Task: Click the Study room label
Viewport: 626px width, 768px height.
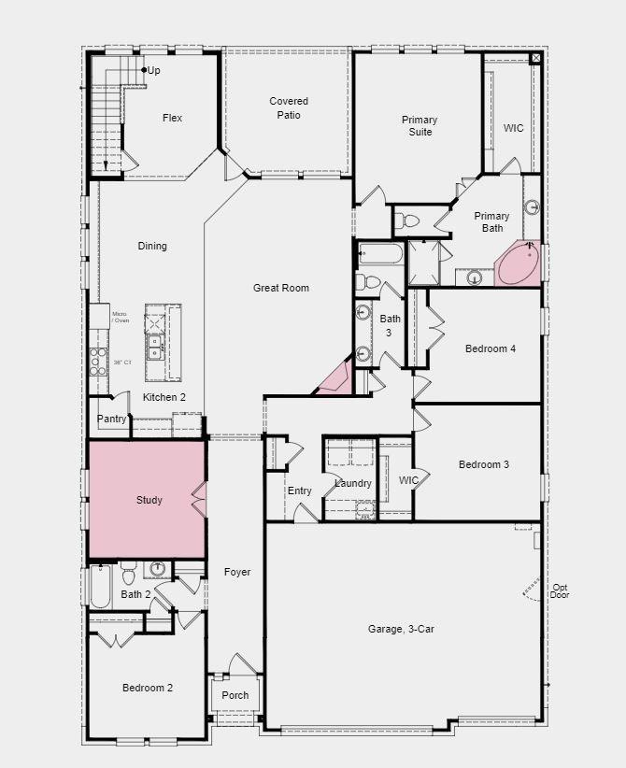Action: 149,500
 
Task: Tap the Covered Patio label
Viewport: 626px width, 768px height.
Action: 289,107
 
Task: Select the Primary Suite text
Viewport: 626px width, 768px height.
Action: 420,125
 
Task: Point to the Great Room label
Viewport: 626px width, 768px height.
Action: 280,288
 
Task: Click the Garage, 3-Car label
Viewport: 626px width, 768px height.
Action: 401,629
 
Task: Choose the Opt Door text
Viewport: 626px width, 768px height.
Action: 560,590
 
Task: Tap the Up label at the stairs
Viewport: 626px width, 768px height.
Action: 153,70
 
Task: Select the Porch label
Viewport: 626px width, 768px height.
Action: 235,695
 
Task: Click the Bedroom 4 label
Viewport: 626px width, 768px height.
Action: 491,348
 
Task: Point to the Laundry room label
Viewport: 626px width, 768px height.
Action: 353,483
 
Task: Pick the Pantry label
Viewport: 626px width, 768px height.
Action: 111,420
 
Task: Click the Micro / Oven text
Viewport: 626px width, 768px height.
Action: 121,318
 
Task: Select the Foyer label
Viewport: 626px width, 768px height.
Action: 237,572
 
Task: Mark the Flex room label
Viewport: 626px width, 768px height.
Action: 172,118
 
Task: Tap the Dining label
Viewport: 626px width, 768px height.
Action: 152,246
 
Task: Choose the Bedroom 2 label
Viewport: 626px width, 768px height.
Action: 148,688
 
